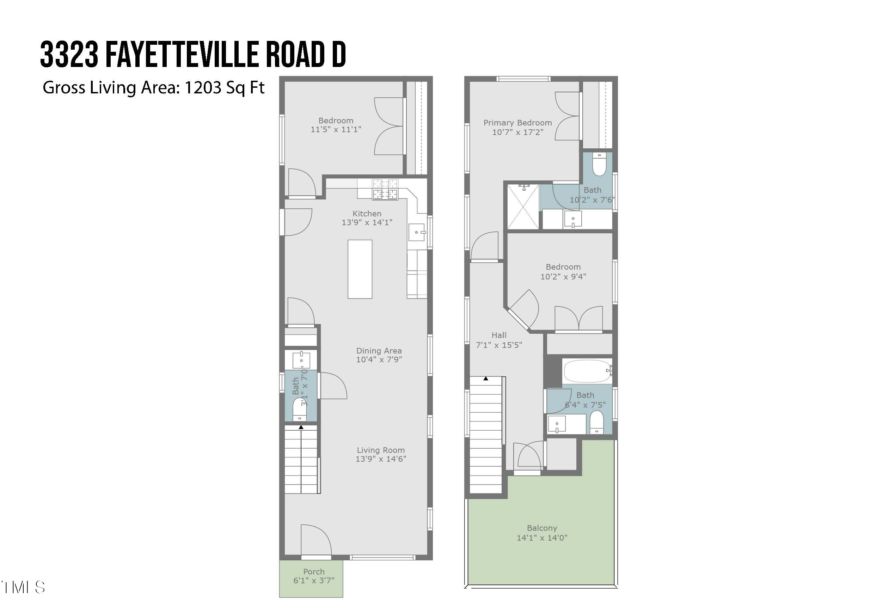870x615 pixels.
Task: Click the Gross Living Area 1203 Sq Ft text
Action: point(153,87)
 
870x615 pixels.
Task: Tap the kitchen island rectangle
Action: point(360,269)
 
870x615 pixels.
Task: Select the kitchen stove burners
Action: point(385,189)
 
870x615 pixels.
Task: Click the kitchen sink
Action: point(416,232)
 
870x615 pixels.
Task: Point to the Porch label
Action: point(314,571)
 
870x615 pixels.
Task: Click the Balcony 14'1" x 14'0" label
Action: point(542,533)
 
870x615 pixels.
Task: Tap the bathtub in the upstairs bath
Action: point(587,371)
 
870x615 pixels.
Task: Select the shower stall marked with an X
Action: point(523,207)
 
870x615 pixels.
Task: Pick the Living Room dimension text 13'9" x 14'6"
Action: point(380,459)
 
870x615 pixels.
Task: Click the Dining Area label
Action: point(379,351)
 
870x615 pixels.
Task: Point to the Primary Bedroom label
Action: point(517,123)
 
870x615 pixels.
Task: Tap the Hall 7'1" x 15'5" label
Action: point(499,340)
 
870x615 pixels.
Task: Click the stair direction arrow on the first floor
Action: point(301,428)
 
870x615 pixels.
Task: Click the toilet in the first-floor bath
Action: point(299,410)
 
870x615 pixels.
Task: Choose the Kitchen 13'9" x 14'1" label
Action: point(367,218)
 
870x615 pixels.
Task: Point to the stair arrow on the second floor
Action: point(486,379)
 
